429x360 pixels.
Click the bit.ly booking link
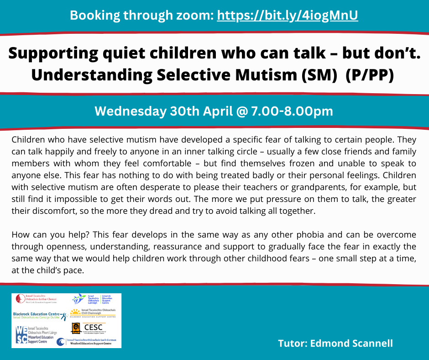(287, 16)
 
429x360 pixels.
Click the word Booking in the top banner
(94, 16)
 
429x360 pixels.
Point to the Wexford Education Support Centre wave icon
(61, 342)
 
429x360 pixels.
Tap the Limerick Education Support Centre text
(106, 299)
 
